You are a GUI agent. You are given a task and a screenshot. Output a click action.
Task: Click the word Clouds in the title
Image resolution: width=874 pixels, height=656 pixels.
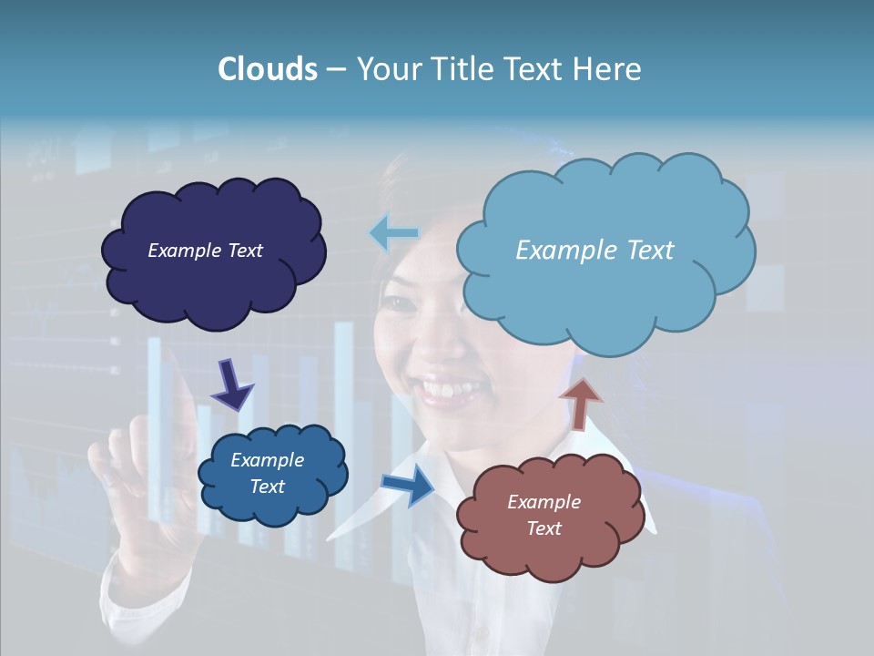point(268,69)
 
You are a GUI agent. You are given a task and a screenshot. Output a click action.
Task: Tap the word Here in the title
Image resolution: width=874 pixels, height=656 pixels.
point(606,69)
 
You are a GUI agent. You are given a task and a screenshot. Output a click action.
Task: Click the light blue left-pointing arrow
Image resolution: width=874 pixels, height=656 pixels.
point(393,233)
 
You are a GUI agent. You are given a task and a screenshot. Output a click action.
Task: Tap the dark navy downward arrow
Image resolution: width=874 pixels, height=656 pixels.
point(231,384)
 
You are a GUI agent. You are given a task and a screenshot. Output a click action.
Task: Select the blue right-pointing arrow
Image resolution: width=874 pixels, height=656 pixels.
point(409,485)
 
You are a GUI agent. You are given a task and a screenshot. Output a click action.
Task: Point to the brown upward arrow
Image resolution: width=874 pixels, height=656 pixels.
point(580,403)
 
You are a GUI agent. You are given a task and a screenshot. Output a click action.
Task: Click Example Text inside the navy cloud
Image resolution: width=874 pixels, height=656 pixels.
point(205,251)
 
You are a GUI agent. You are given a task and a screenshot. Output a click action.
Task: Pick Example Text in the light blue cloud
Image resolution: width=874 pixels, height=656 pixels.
point(595,251)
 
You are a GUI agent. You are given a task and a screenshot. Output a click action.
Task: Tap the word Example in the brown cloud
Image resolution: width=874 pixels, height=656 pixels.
point(544,502)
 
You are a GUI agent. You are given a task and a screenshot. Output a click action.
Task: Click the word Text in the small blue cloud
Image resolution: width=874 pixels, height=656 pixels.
point(267,487)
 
